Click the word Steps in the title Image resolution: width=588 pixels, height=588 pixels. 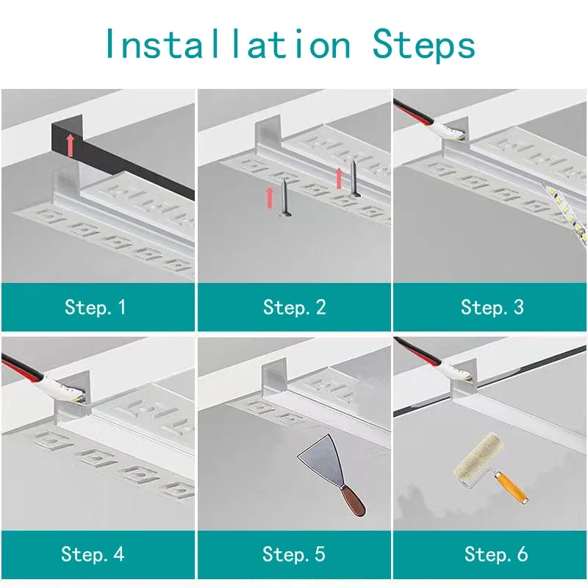424,45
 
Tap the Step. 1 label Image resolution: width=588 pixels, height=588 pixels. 96,307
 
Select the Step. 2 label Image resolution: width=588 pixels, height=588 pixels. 294,307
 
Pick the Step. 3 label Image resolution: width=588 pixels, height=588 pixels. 492,307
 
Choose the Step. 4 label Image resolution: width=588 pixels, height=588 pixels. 93,554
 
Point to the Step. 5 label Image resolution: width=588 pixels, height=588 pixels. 294,554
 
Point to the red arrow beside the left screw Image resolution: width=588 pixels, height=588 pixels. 270,197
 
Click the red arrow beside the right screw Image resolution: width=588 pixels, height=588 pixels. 340,177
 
